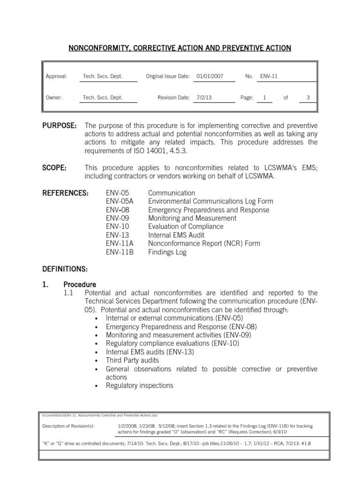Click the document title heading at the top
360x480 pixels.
pyautogui.click(x=180, y=48)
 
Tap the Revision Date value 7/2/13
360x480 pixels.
pyautogui.click(x=205, y=97)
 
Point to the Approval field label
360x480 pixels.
pyautogui.click(x=56, y=76)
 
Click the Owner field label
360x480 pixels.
pyautogui.click(x=54, y=97)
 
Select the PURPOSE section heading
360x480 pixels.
pyautogui.click(x=60, y=126)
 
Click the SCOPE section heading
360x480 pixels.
pyautogui.click(x=54, y=168)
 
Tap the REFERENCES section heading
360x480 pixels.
pyautogui.click(x=67, y=193)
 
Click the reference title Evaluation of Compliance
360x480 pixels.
pyautogui.click(x=186, y=226)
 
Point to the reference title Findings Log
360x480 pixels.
pyautogui.click(x=167, y=252)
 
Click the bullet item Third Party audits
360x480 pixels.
pyautogui.click(x=132, y=360)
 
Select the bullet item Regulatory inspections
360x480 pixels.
pyautogui.click(x=139, y=386)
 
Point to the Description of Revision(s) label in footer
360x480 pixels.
pyautogui.click(x=68, y=426)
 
